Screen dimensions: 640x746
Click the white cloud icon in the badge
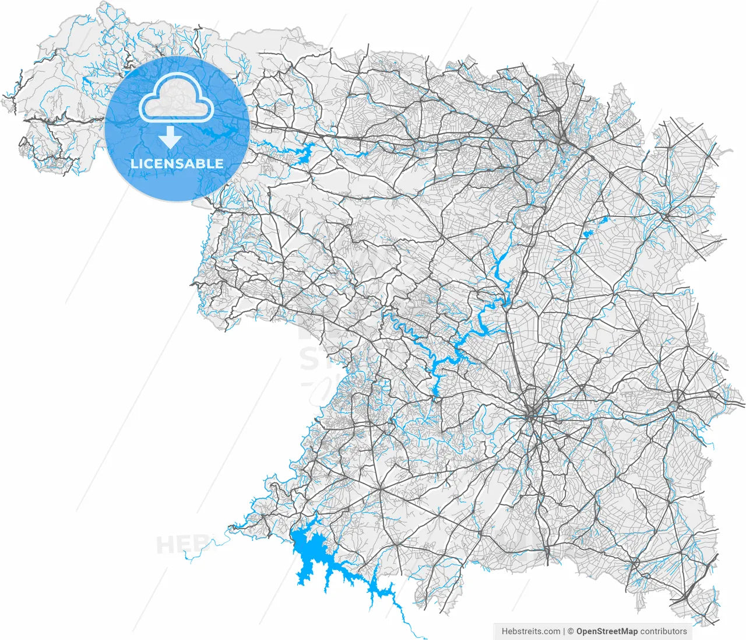(x=176, y=99)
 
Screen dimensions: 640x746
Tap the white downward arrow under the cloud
(x=170, y=138)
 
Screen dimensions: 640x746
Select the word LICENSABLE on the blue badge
(x=177, y=163)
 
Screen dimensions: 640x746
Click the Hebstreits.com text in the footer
(x=530, y=631)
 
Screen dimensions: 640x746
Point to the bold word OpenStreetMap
(x=606, y=631)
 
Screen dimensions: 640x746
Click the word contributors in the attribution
(x=663, y=631)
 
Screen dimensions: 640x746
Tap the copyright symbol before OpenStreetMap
(x=571, y=631)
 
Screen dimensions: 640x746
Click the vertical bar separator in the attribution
(x=564, y=631)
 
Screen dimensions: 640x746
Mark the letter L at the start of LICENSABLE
(x=134, y=163)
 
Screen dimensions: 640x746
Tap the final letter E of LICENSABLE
(x=219, y=163)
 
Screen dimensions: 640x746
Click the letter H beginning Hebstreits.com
(x=505, y=631)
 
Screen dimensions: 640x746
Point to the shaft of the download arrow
(x=170, y=132)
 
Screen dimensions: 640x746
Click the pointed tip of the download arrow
(x=170, y=146)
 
